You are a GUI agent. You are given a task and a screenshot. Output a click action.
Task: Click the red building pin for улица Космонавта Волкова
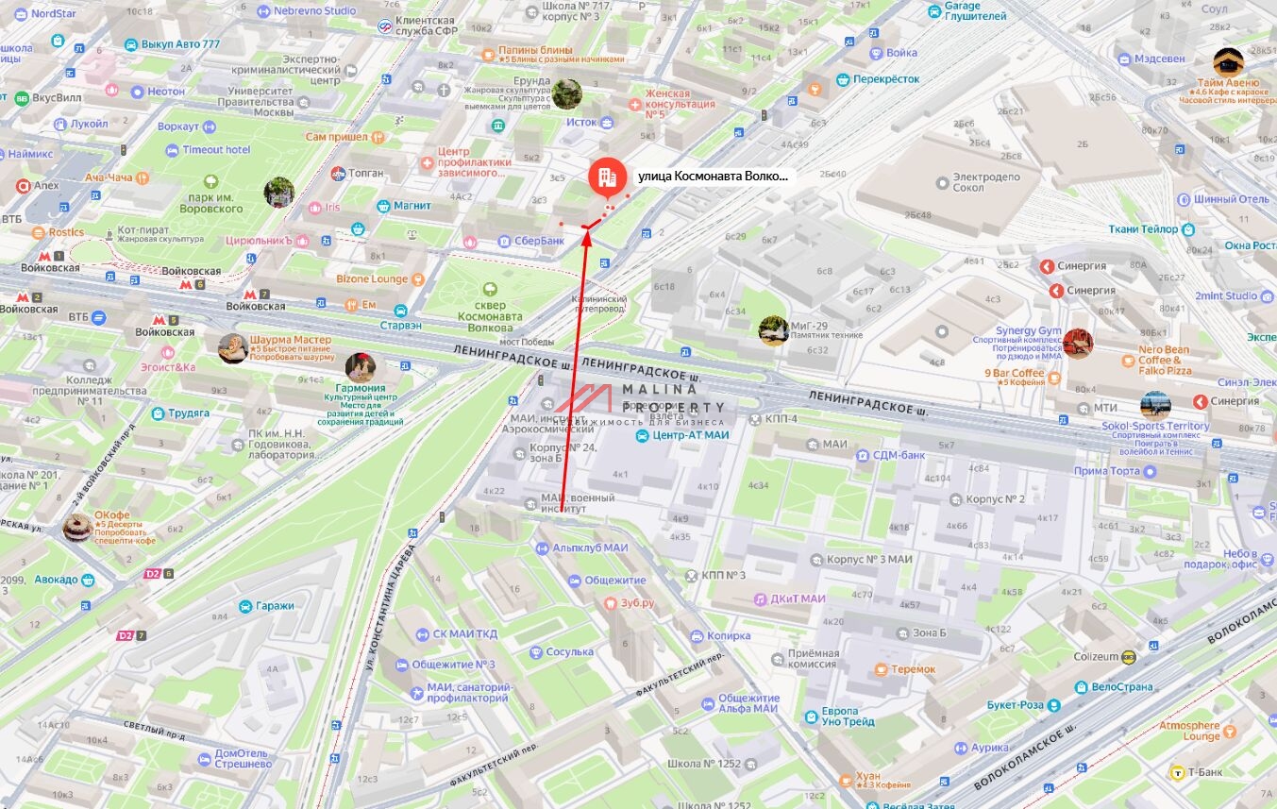click(x=605, y=177)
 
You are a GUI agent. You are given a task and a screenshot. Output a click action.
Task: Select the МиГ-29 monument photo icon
click(x=774, y=330)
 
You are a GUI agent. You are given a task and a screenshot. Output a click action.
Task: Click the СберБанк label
click(x=539, y=241)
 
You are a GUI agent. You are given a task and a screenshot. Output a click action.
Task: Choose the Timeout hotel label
click(x=216, y=150)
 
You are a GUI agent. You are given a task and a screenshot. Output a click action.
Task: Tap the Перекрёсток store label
click(x=885, y=79)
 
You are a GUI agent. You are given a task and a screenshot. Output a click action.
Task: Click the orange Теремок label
click(x=912, y=669)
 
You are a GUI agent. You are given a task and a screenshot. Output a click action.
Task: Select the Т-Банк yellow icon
click(x=1177, y=773)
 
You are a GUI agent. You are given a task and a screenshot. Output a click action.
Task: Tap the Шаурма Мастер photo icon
click(x=233, y=348)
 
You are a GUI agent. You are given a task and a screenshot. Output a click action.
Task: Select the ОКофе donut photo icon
click(x=77, y=528)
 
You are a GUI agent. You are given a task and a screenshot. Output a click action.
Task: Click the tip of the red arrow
click(x=587, y=228)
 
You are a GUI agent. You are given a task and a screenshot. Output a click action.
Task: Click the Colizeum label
click(x=1096, y=656)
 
